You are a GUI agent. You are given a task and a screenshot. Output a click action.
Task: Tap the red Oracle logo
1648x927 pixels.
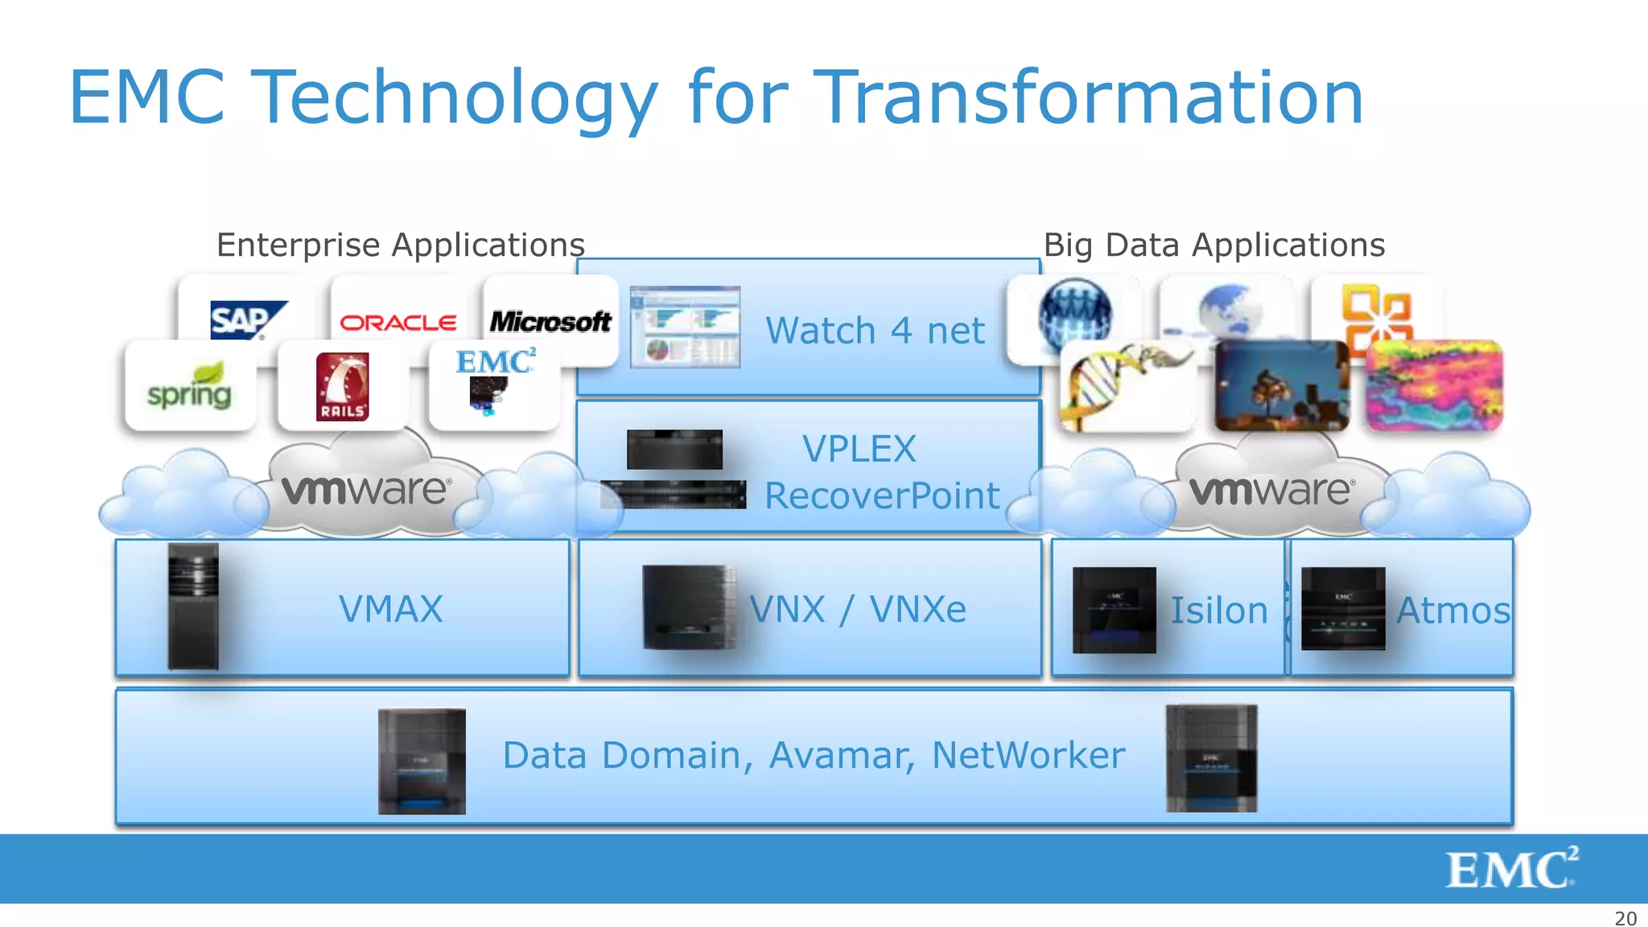point(398,323)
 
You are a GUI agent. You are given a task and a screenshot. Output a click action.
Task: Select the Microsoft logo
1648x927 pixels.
point(551,322)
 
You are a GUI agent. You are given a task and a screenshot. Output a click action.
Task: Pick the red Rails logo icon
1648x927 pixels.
point(343,387)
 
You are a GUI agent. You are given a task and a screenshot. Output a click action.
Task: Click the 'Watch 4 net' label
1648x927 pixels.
point(875,331)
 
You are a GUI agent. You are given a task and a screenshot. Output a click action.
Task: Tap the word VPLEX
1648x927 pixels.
point(859,449)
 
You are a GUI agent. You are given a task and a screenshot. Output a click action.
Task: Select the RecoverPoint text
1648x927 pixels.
point(882,496)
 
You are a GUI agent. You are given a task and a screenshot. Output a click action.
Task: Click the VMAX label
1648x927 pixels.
point(391,609)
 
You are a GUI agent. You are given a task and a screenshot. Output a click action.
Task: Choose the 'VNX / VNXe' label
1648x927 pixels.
point(858,609)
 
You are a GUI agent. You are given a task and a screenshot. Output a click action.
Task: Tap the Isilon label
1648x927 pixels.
point(1218,611)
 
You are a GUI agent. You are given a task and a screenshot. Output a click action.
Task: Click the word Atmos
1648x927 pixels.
point(1453,611)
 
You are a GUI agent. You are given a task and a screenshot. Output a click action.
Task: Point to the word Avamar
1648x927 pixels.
point(842,756)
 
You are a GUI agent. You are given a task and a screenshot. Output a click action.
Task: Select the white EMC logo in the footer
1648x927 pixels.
point(1511,868)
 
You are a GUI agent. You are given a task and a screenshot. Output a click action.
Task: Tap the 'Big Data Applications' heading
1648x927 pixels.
point(1214,245)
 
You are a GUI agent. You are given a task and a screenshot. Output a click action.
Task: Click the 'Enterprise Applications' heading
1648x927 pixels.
point(401,245)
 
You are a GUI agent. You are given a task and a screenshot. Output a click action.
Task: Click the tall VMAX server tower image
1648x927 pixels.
point(193,607)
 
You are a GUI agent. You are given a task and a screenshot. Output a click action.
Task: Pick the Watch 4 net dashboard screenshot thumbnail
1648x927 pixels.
point(685,327)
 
